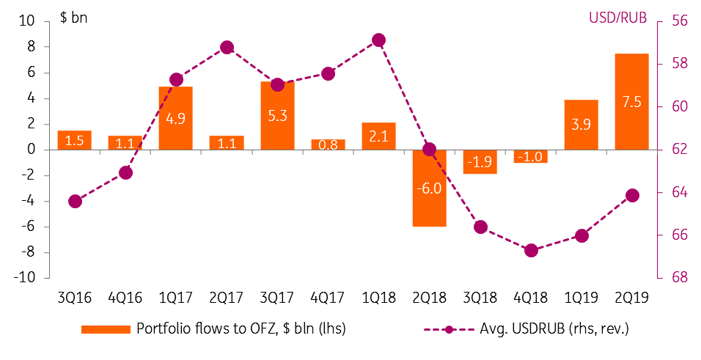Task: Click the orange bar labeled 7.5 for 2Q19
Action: point(631,101)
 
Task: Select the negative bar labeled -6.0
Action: point(429,188)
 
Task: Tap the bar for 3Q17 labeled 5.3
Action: point(277,115)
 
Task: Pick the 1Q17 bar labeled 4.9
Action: point(176,118)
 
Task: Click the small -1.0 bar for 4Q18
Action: point(530,156)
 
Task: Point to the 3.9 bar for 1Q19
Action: point(581,125)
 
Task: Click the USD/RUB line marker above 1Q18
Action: point(378,40)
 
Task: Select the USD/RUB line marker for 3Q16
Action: point(75,201)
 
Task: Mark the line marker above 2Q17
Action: point(227,48)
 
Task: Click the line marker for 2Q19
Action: point(632,195)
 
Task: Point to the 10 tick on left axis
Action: point(27,21)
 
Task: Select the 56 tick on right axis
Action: point(678,21)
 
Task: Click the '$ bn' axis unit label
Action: point(73,17)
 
